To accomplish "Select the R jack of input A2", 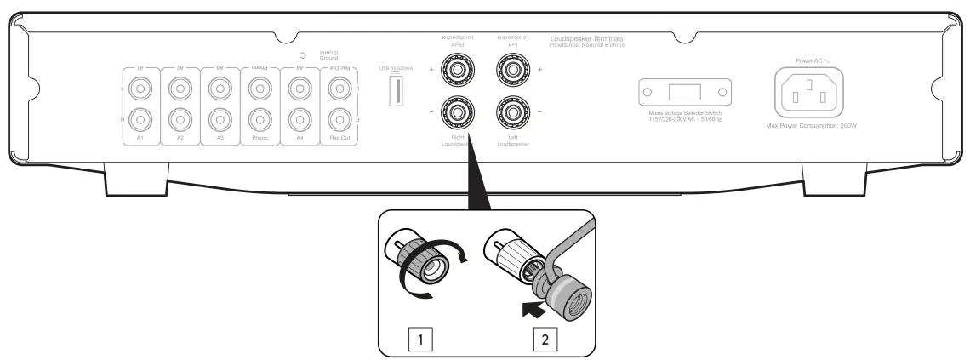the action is [180, 117].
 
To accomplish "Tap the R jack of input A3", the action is [220, 117].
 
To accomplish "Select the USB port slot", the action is [396, 91].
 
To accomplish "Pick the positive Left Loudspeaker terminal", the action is [513, 66].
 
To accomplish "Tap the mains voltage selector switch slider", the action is [685, 91].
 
